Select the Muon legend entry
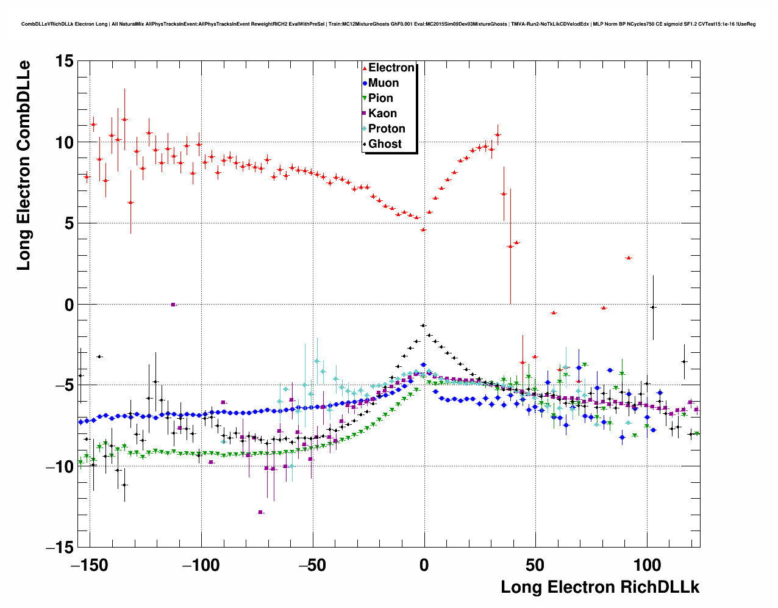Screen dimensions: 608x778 (x=383, y=83)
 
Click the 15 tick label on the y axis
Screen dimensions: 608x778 (x=64, y=61)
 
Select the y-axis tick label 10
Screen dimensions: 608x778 (x=64, y=142)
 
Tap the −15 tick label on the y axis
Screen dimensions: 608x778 (x=59, y=548)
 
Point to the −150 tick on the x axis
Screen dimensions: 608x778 (x=90, y=565)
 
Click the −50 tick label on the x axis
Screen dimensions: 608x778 (x=313, y=565)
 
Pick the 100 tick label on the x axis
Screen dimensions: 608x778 (x=647, y=565)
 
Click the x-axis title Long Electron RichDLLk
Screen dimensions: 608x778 (x=600, y=587)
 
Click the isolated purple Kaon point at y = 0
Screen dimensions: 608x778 (x=173, y=304)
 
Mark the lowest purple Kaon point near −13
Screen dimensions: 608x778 (x=260, y=512)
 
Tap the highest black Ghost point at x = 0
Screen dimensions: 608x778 (x=423, y=325)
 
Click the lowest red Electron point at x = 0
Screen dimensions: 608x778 (x=423, y=230)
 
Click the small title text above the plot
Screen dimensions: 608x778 (x=388, y=24)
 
